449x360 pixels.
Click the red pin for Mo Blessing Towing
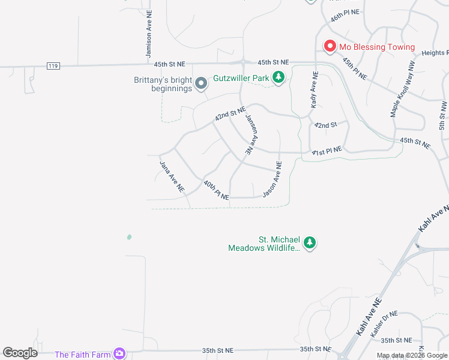[330, 46]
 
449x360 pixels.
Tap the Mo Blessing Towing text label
[376, 47]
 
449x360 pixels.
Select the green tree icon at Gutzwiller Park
[278, 77]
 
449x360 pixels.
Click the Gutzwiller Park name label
[241, 79]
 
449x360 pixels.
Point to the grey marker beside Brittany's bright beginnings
[202, 83]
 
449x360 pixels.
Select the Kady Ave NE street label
[314, 90]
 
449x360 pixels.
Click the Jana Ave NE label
[171, 176]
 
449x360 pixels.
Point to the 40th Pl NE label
[216, 190]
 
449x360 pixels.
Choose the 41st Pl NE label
[327, 151]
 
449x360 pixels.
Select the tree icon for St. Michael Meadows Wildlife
[309, 243]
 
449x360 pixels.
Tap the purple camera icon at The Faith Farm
[120, 354]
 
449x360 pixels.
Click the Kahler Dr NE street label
[384, 323]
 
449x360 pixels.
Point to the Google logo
[20, 353]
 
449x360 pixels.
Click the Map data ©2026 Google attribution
[412, 355]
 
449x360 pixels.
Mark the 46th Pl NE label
[345, 15]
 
